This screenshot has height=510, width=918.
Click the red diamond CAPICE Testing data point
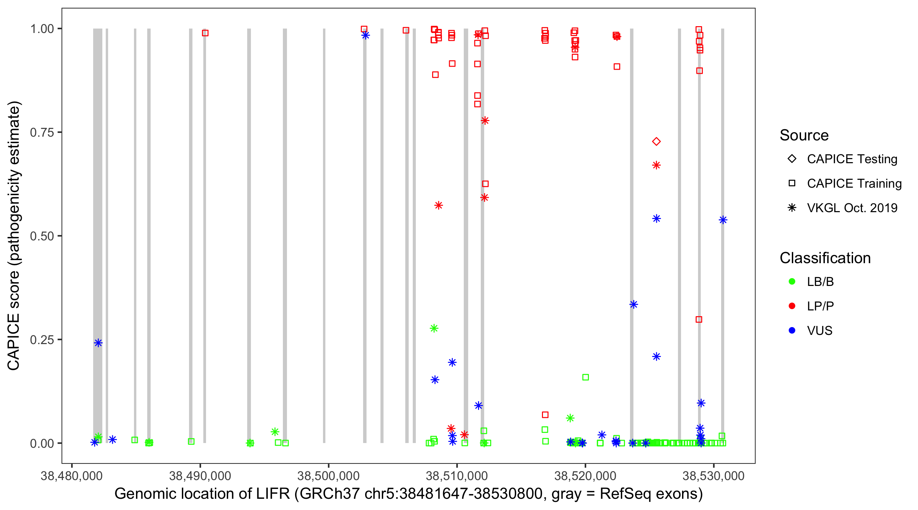pos(656,141)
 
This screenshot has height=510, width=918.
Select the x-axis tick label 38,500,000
pos(328,475)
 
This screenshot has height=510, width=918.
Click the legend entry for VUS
pos(819,330)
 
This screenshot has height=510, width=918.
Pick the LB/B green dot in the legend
pos(792,282)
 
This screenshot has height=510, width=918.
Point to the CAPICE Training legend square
pos(792,183)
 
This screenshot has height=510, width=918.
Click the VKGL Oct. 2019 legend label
pos(852,208)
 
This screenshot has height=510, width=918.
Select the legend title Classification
pos(825,258)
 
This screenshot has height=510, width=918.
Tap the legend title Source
pos(804,135)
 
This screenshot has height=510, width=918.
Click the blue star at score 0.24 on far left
pos(98,343)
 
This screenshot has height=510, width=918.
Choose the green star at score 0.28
pos(434,328)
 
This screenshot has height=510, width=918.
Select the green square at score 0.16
pos(585,377)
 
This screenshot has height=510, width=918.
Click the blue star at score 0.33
pos(633,304)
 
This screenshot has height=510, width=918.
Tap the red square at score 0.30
pos(699,319)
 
